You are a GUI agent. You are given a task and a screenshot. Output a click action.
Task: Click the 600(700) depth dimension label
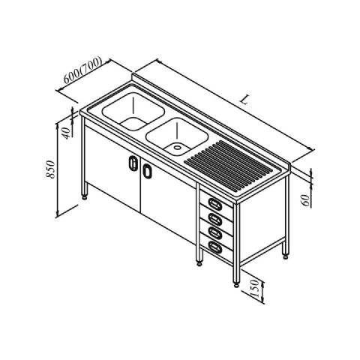[x=83, y=70]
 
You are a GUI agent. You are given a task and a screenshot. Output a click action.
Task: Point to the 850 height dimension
[x=51, y=169]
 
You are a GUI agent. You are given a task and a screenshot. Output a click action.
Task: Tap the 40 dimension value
[x=66, y=133]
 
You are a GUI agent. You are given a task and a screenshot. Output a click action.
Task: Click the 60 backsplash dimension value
[x=306, y=200]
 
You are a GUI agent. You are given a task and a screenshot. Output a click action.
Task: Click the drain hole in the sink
[x=178, y=147]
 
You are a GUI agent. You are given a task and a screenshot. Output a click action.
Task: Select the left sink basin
[x=133, y=111]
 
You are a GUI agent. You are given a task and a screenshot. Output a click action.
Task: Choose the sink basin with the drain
[x=177, y=136]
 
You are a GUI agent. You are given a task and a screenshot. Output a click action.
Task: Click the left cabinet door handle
[x=133, y=163]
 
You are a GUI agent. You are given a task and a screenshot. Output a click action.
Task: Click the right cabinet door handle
[x=147, y=171]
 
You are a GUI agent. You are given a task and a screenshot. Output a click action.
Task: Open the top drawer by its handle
[x=215, y=204]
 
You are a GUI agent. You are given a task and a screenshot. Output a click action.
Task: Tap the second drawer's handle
[x=215, y=218]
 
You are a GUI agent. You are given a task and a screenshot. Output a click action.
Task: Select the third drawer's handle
[x=215, y=232]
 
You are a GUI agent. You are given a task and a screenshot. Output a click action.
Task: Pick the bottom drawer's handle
[x=215, y=247]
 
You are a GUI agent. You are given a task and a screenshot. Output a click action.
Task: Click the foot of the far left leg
[x=85, y=196]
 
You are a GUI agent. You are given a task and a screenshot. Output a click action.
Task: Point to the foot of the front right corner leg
[x=236, y=284]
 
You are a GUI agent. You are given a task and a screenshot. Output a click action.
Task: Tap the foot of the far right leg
[x=286, y=256]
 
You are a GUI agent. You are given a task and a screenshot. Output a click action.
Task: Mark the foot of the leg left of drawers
[x=199, y=263]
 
